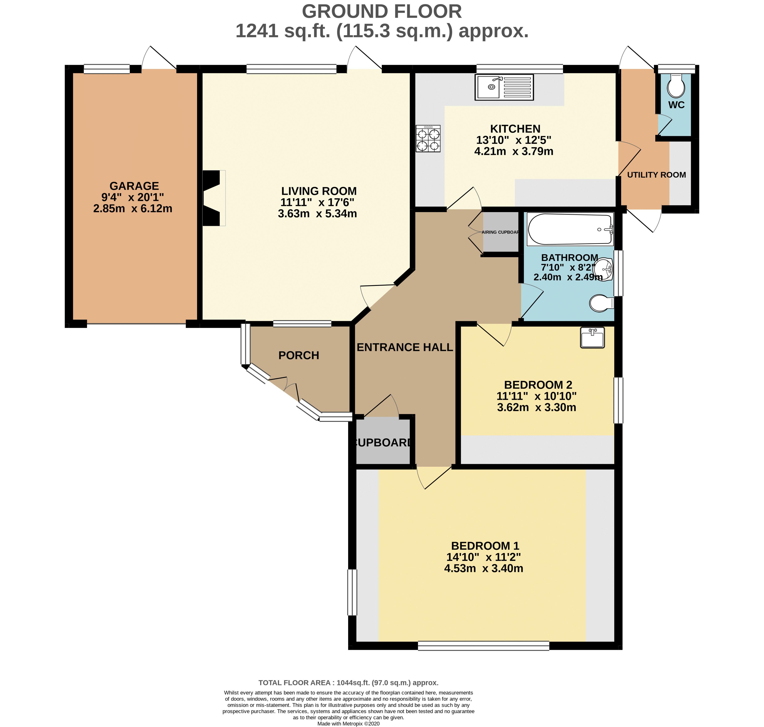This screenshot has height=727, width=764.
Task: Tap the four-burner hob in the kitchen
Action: [x=428, y=138]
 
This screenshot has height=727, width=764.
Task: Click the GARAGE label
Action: [x=134, y=186]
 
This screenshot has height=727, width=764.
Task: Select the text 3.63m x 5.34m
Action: [x=317, y=214]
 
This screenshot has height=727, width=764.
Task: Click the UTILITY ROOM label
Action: [x=656, y=175]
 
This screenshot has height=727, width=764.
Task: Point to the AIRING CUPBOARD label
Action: [x=500, y=232]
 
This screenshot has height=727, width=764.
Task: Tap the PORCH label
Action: [x=298, y=355]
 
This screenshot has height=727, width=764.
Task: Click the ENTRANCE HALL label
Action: [x=405, y=347]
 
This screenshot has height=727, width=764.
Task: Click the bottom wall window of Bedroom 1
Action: [x=483, y=646]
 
